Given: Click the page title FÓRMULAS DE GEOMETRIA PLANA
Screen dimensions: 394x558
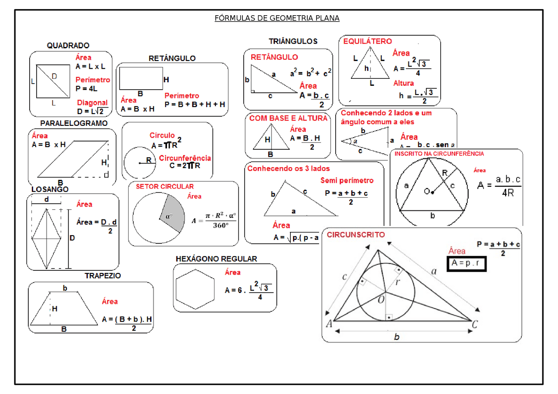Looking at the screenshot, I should coord(277,18).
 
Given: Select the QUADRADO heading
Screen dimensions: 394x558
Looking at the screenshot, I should coord(68,45).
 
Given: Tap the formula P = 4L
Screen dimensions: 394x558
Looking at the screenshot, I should coord(86,88).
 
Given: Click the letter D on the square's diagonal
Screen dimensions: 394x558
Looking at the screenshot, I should coord(54,77).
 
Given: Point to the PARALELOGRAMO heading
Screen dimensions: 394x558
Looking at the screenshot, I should coord(74,123).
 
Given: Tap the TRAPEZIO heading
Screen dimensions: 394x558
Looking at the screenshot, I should coord(102,276).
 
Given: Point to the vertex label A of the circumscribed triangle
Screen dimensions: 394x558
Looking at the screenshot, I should coord(329,323).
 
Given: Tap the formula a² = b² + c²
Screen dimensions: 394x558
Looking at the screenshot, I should coord(311,73).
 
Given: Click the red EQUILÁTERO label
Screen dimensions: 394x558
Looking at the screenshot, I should coord(367,41).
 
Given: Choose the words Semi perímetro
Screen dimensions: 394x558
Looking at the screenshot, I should coord(347,180).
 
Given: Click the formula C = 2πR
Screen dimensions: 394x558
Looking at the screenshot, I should coord(185,165).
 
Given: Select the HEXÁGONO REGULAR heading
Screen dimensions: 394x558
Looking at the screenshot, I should coord(216,259).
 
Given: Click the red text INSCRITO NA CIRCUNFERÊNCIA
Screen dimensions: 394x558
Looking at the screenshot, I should coord(439,154).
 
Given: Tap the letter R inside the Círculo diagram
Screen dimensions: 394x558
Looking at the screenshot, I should coord(149,160).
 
